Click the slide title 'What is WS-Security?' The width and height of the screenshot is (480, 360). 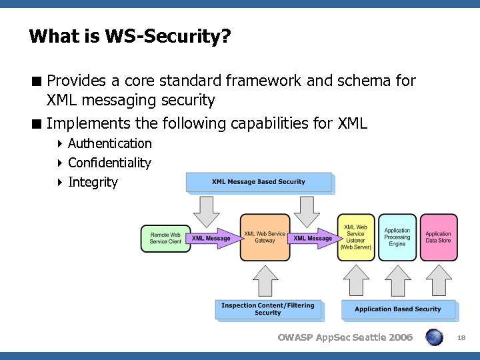pyautogui.click(x=130, y=36)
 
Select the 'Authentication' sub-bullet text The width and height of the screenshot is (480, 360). pyautogui.click(x=109, y=143)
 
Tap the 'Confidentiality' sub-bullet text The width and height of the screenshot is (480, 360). pyautogui.click(x=109, y=163)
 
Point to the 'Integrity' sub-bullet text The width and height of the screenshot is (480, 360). pyautogui.click(x=93, y=182)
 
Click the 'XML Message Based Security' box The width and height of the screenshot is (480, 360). pyautogui.click(x=259, y=182)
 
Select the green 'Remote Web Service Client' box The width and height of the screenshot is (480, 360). pyautogui.click(x=165, y=238)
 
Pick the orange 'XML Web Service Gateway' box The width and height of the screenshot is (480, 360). pyautogui.click(x=265, y=237)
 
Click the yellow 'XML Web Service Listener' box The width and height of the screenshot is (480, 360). pyautogui.click(x=356, y=237)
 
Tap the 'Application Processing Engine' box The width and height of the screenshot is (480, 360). pyautogui.click(x=397, y=237)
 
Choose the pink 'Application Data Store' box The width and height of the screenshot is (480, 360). pyautogui.click(x=439, y=237)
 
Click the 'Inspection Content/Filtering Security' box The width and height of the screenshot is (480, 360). pyautogui.click(x=268, y=309)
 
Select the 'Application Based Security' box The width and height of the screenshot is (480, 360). pyautogui.click(x=398, y=309)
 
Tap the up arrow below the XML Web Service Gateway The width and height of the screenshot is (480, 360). pyautogui.click(x=267, y=280)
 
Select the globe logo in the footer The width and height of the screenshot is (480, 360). pyautogui.click(x=434, y=337)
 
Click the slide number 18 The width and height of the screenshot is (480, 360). pyautogui.click(x=461, y=338)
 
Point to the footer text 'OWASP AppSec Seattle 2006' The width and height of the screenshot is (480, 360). pyautogui.click(x=345, y=337)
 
